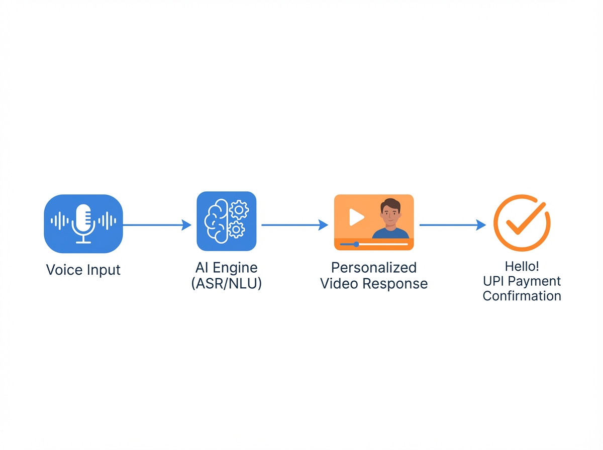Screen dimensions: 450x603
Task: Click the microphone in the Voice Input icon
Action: click(x=83, y=221)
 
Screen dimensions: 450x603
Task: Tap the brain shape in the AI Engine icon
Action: click(x=215, y=221)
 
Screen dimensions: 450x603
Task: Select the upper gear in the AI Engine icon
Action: click(x=238, y=209)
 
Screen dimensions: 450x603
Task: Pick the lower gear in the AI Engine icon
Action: click(x=236, y=230)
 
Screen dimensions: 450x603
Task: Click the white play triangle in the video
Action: click(x=356, y=217)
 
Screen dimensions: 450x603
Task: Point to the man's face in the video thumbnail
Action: click(x=390, y=212)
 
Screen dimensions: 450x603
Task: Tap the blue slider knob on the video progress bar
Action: click(x=356, y=244)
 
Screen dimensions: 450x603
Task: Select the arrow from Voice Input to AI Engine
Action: click(x=157, y=226)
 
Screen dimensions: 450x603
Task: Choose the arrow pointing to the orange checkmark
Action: click(x=452, y=226)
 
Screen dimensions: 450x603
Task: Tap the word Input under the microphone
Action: click(x=103, y=271)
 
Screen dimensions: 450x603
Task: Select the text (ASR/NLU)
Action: click(x=227, y=283)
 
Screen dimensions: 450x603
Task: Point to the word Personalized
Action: click(x=374, y=268)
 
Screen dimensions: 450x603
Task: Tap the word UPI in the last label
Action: click(x=494, y=281)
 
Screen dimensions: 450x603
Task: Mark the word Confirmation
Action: click(x=522, y=296)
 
